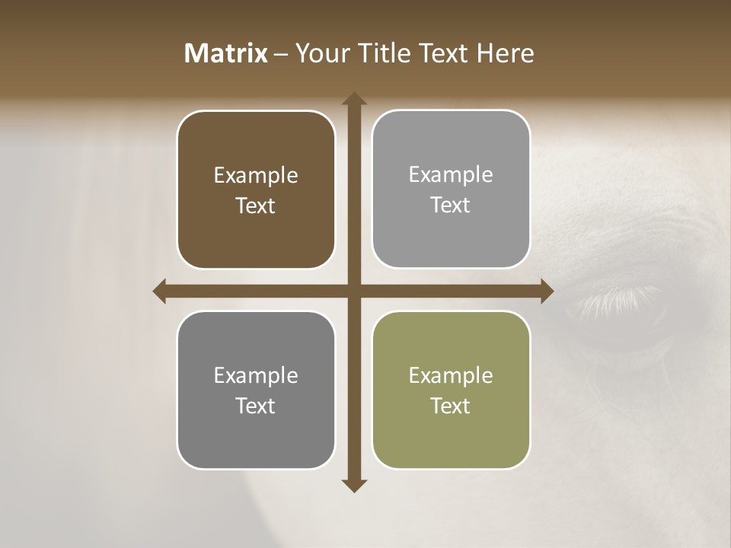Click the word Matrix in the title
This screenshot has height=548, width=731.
pos(226,53)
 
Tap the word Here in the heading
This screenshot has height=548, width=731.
pos(506,53)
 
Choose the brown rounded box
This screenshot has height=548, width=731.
pos(256,190)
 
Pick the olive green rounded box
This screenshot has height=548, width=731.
pos(451,390)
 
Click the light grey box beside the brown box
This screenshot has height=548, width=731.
pos(451,189)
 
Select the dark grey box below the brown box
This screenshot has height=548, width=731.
pos(256,390)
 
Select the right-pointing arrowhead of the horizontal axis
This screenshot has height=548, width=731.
pos(546,292)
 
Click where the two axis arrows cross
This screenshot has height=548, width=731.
pos(353,292)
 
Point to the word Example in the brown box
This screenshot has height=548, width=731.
pos(256,175)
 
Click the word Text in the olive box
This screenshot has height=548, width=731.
pos(451,406)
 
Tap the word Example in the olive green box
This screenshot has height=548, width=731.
pos(451,375)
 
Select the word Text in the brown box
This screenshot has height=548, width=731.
pos(256,205)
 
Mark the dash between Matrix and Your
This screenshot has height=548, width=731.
pos(281,54)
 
